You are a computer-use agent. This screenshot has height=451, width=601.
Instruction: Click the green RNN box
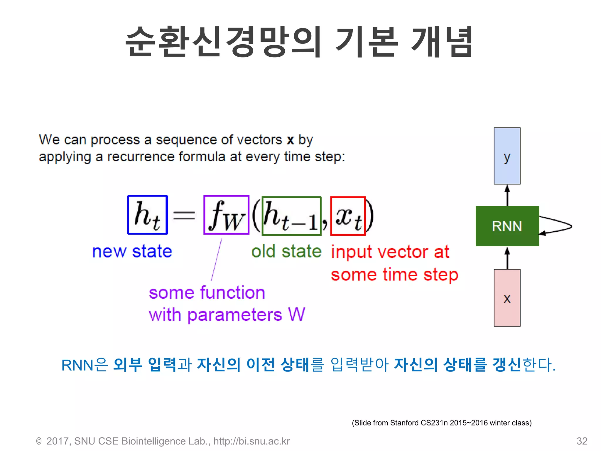507,226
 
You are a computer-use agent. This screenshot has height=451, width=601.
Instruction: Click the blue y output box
507,156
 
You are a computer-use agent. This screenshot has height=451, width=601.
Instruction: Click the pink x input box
507,298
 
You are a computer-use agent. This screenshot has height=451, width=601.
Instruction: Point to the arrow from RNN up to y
507,195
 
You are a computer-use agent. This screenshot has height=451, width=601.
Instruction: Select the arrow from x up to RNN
507,258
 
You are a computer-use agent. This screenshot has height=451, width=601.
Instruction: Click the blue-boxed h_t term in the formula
148,215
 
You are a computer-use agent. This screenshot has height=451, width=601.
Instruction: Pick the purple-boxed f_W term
226,215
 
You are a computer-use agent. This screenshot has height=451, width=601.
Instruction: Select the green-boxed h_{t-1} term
291,216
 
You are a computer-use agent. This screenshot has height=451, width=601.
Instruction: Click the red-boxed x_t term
348,216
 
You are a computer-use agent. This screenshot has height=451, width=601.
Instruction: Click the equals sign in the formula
184,215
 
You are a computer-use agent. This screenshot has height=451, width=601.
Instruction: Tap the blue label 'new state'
132,252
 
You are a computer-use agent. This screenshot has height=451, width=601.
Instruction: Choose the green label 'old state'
286,252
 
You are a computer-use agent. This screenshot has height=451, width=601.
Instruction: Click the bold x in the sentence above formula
290,140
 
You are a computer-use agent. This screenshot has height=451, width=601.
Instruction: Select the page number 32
582,441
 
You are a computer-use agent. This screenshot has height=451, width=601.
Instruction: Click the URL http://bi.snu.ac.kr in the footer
251,441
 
